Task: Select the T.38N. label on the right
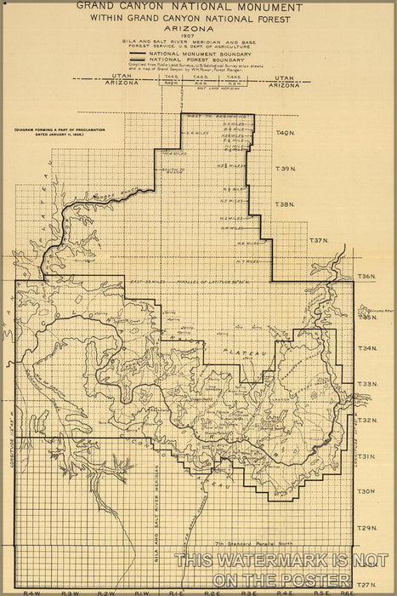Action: pos(285,204)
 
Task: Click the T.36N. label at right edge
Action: pos(366,278)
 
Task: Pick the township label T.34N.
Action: pos(366,348)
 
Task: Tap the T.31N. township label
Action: pos(366,456)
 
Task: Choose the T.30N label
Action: pos(366,492)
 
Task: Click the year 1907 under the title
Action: pos(198,36)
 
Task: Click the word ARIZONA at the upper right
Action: pos(285,86)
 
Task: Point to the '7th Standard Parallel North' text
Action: pos(247,542)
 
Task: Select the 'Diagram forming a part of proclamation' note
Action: pos(47,131)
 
